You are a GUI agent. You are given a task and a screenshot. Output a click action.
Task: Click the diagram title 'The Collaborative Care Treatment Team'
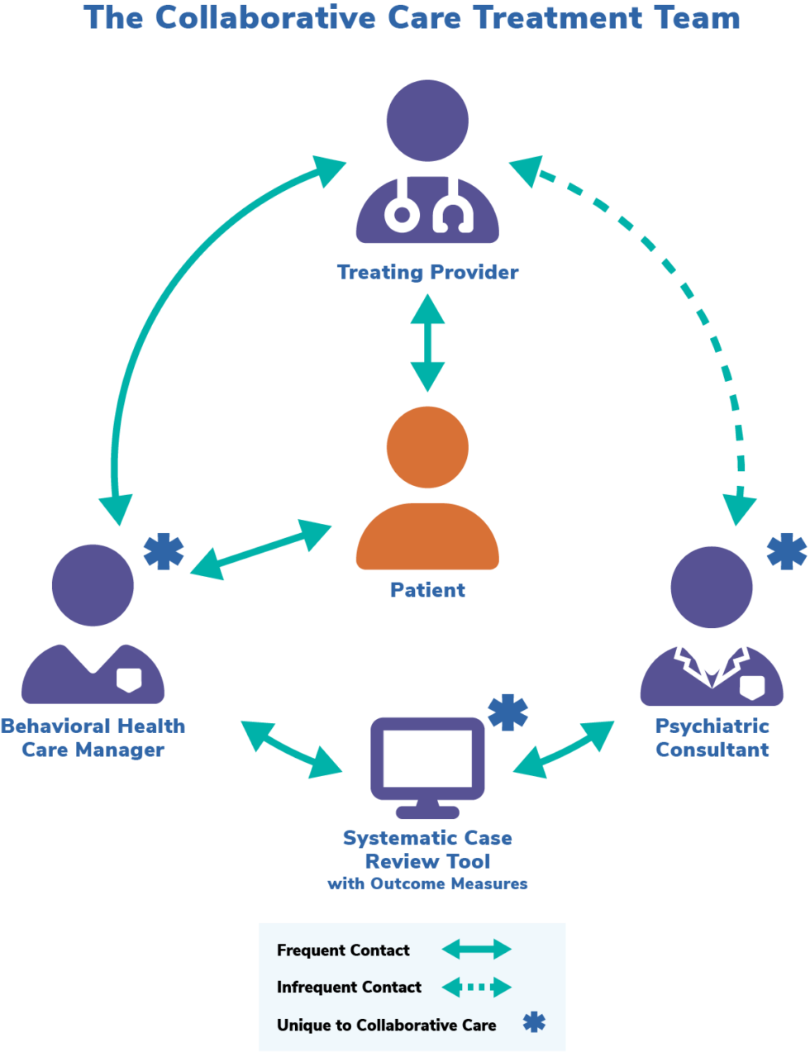[x=412, y=18]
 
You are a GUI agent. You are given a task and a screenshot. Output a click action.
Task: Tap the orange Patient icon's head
[x=427, y=447]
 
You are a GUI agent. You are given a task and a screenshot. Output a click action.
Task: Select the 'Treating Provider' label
[x=427, y=272]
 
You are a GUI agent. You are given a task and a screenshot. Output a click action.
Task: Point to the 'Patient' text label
[x=427, y=590]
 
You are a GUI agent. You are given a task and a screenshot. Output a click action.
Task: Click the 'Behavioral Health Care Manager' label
[x=93, y=738]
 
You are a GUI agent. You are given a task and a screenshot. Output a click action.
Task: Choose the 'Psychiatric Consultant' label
[x=712, y=738]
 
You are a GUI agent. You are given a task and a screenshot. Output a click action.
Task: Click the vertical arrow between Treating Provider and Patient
[x=427, y=342]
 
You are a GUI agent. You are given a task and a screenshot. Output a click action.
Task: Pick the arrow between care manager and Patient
[x=261, y=550]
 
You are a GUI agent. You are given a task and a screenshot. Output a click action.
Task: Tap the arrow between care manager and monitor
[x=291, y=749]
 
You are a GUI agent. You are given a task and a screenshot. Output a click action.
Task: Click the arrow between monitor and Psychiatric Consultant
[x=564, y=749]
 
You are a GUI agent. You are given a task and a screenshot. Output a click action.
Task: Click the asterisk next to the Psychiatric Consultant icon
[x=786, y=551]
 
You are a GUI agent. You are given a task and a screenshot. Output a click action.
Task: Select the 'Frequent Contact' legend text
[x=343, y=950]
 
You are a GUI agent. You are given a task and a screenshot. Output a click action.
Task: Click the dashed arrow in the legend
[x=477, y=987]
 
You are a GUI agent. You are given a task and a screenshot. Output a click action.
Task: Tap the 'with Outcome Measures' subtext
[x=427, y=884]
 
